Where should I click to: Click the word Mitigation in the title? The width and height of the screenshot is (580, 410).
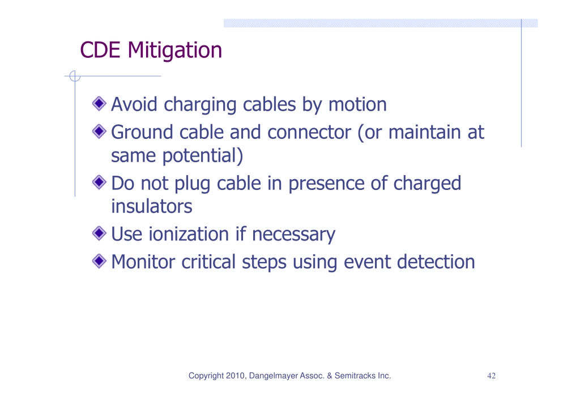(174, 50)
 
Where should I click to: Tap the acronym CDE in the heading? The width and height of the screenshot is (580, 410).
(100, 50)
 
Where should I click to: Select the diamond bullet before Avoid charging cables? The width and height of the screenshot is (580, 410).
(99, 104)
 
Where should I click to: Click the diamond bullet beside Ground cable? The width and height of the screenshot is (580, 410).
(99, 132)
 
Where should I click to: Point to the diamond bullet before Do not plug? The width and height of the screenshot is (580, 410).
(99, 182)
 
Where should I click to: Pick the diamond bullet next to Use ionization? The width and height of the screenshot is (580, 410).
(99, 233)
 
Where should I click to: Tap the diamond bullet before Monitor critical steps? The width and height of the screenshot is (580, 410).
(99, 261)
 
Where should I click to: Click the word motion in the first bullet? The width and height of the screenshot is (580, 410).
(358, 104)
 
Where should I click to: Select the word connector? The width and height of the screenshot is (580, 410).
(309, 132)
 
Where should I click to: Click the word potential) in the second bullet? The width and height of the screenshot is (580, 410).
(203, 156)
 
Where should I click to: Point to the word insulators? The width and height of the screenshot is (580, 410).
(152, 206)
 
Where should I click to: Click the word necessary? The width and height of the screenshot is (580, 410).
(294, 235)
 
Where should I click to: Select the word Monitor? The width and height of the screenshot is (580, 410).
(143, 262)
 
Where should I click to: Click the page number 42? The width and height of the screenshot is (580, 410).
(491, 376)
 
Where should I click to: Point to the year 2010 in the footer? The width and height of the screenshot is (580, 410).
(236, 375)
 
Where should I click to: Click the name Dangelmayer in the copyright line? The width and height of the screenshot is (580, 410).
(273, 376)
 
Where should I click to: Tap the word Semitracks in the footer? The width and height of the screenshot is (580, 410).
(355, 375)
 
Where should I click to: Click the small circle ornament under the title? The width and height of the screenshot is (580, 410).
(75, 76)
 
